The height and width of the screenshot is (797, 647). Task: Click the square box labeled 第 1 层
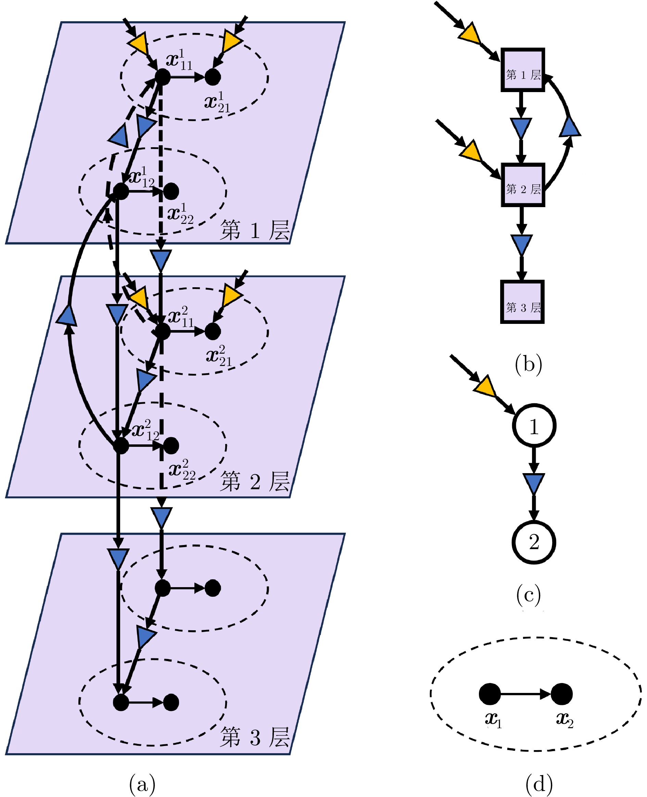(x=522, y=70)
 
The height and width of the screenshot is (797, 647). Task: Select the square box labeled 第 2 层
(x=522, y=185)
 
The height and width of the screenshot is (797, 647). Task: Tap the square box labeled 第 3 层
(x=522, y=302)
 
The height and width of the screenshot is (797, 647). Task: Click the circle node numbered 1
(x=534, y=425)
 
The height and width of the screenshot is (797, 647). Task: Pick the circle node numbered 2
(x=534, y=542)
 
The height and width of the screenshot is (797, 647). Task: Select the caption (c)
(x=529, y=595)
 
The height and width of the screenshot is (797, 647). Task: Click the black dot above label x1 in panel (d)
(x=490, y=694)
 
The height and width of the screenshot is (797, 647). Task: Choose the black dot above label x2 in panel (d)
(x=562, y=694)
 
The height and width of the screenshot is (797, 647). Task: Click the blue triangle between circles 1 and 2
(x=534, y=483)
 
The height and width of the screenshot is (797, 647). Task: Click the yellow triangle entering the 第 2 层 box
(x=472, y=151)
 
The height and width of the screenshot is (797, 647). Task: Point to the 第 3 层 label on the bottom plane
(x=255, y=737)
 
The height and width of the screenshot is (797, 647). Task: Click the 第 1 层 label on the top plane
(x=255, y=230)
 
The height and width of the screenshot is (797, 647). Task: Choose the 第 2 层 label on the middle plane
(x=255, y=481)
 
